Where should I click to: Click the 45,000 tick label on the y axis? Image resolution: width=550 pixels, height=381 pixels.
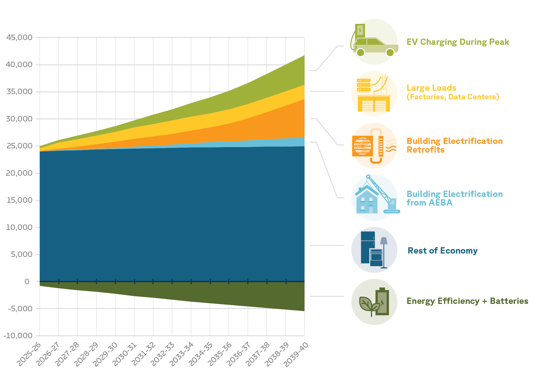pyautogui.click(x=19, y=37)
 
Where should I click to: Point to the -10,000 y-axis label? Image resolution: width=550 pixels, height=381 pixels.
pyautogui.click(x=18, y=336)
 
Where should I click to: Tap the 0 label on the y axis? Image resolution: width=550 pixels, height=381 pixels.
pyautogui.click(x=27, y=282)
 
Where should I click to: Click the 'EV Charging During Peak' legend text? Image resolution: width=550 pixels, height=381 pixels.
pyautogui.click(x=458, y=42)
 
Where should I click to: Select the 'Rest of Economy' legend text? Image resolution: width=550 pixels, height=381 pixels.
pyautogui.click(x=443, y=251)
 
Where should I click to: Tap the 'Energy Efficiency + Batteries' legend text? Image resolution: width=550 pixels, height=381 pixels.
pyautogui.click(x=467, y=301)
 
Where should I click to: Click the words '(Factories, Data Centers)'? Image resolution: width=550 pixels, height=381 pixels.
pyautogui.click(x=453, y=97)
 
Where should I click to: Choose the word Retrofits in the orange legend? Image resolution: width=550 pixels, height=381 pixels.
pyautogui.click(x=426, y=150)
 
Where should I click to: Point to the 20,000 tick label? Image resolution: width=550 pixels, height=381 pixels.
pyautogui.click(x=19, y=173)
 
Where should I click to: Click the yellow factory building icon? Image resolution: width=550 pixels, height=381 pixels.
pyautogui.click(x=374, y=104)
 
